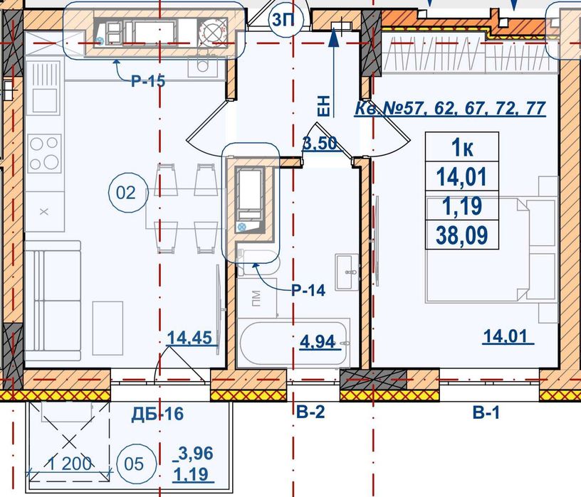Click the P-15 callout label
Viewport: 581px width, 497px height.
click(x=148, y=80)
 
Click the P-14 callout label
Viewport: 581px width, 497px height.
click(x=308, y=290)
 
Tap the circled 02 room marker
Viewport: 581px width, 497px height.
click(x=126, y=193)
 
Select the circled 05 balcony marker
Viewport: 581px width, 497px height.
click(x=134, y=464)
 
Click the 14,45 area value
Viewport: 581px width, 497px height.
click(x=189, y=338)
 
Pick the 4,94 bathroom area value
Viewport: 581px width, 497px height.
click(x=317, y=341)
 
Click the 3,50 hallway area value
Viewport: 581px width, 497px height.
click(x=320, y=143)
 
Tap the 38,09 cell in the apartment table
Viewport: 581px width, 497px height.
click(x=461, y=235)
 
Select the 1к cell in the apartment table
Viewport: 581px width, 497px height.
click(x=461, y=147)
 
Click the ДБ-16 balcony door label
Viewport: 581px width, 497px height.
click(x=157, y=413)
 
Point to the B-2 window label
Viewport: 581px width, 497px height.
click(x=310, y=412)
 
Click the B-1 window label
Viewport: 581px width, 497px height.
click(x=486, y=412)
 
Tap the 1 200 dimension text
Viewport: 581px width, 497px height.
click(x=70, y=464)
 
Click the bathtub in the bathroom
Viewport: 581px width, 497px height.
click(x=293, y=343)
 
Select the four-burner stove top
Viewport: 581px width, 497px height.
click(x=44, y=152)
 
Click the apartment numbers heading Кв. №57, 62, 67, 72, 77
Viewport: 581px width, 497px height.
click(x=450, y=108)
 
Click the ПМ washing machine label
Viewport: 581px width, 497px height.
click(x=256, y=299)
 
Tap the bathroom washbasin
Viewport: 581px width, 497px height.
click(x=347, y=272)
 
